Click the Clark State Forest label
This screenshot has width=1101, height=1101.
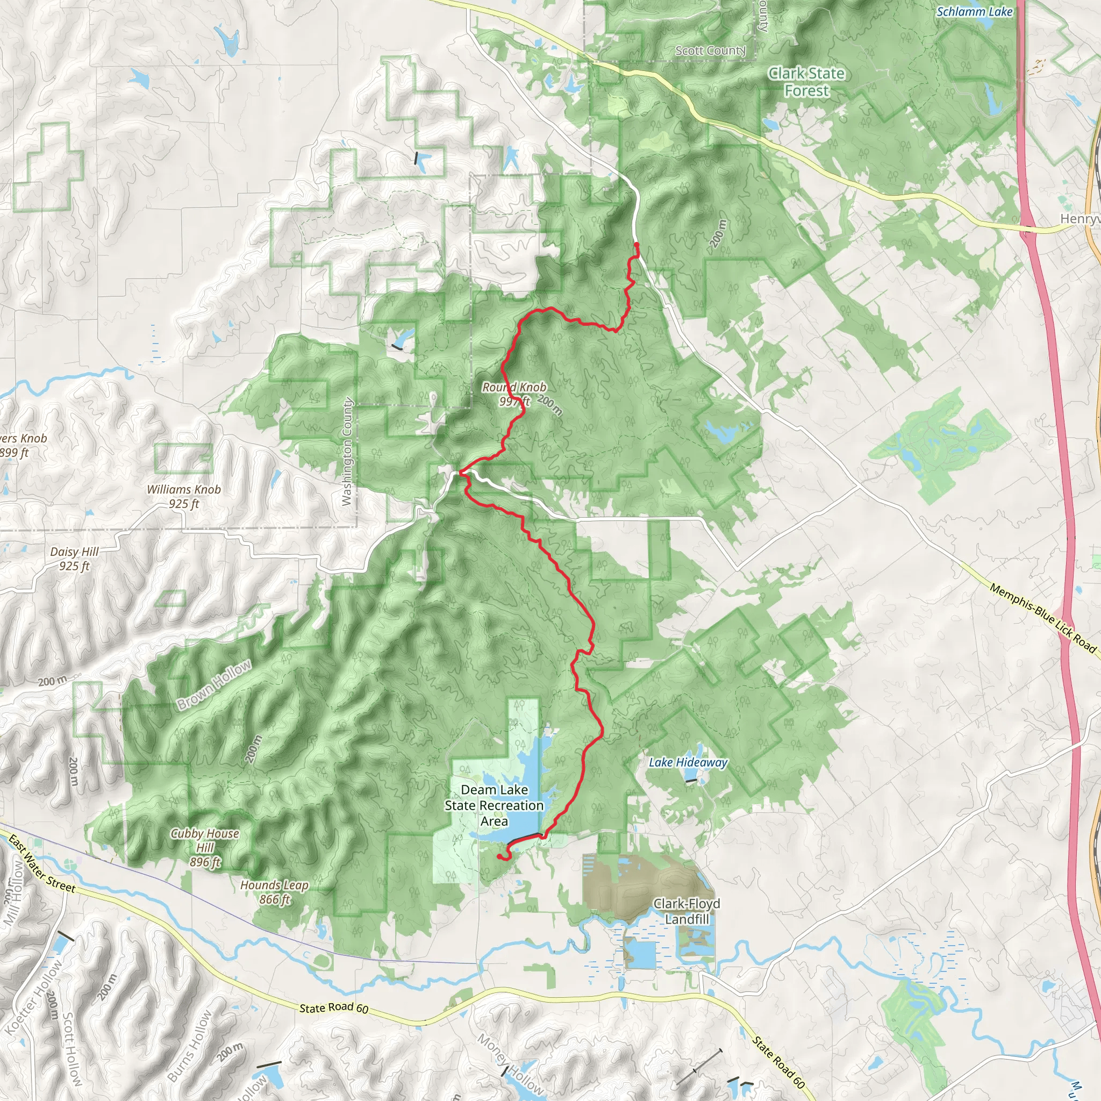click(806, 82)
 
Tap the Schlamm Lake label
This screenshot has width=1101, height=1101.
click(975, 11)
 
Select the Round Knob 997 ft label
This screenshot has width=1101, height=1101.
click(514, 394)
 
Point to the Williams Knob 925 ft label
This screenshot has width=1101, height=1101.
click(183, 496)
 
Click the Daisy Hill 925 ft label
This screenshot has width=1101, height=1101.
click(74, 559)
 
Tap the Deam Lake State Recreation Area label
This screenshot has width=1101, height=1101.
click(494, 805)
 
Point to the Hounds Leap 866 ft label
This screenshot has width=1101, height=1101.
click(275, 892)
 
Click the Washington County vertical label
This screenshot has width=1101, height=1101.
click(347, 452)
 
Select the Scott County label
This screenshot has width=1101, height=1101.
click(710, 51)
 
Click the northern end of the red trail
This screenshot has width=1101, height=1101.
click(637, 245)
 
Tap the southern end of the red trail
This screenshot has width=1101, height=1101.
click(499, 856)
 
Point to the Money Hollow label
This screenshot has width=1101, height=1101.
click(510, 1063)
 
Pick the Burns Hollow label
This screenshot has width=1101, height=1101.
click(190, 1046)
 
